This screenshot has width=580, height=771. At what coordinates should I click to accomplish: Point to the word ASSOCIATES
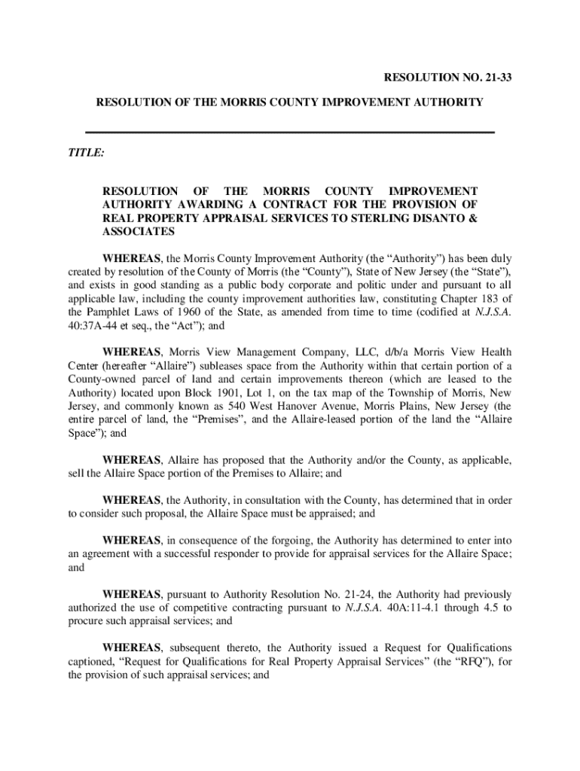pyautogui.click(x=138, y=232)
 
